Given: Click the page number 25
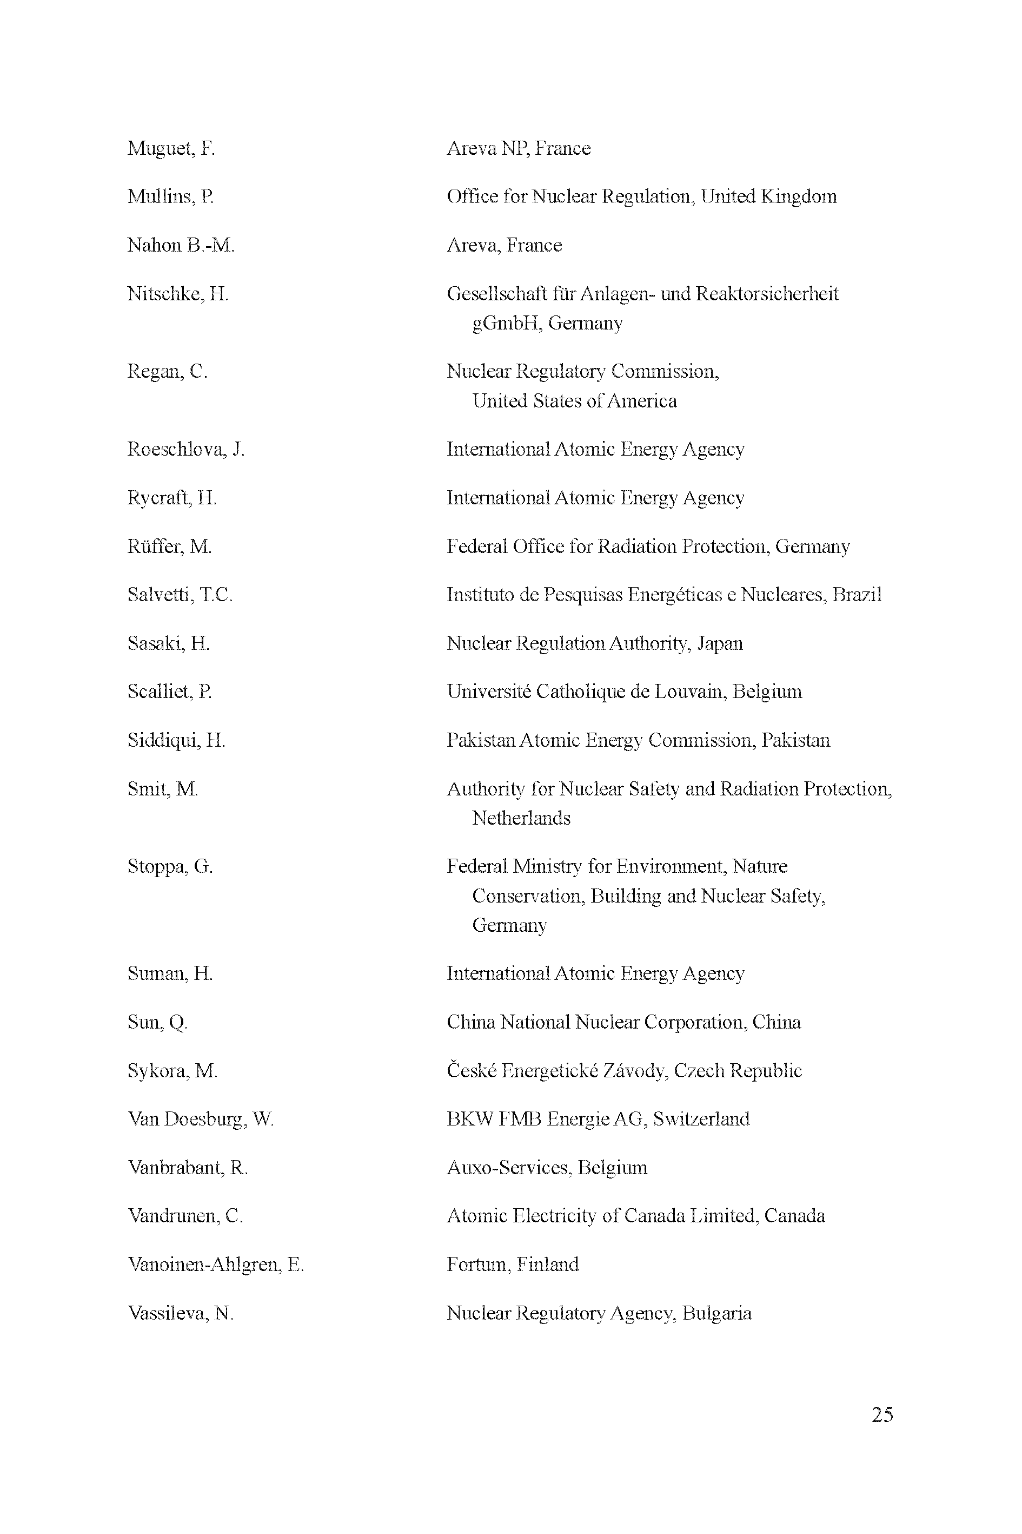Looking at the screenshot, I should (882, 1414).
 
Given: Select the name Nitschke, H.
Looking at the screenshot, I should (177, 294).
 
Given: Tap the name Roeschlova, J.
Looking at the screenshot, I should (186, 449).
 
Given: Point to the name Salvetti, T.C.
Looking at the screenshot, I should (180, 595).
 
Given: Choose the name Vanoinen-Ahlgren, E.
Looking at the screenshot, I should (216, 1265).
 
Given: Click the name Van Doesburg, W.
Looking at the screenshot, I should (201, 1119).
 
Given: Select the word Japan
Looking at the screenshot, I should (720, 644).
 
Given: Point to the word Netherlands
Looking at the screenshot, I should (521, 818).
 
